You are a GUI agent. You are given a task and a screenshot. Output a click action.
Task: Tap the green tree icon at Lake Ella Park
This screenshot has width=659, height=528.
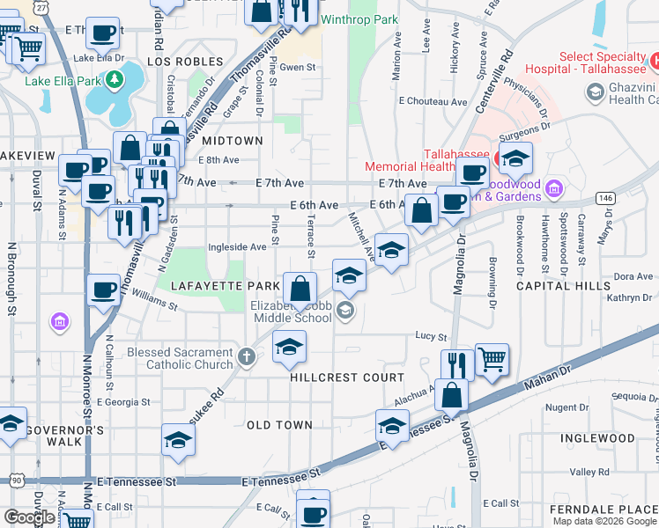[114, 82]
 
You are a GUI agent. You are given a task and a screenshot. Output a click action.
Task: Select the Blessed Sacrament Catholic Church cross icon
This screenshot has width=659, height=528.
[247, 358]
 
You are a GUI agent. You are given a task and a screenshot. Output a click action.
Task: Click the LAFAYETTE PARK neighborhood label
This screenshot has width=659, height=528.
[212, 286]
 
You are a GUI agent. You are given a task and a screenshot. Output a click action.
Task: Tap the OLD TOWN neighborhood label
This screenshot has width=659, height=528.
[279, 425]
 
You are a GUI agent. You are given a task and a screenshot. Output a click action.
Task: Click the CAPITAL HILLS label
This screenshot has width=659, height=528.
[563, 286]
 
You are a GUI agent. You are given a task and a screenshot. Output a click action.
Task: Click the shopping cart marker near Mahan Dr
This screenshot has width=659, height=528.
[492, 358]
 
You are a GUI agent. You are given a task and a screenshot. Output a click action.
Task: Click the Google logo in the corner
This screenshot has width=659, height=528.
[28, 517]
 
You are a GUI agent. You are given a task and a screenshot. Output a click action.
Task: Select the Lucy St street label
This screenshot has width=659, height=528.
[432, 336]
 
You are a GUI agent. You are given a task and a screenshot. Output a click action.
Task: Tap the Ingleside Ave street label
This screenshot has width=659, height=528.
[237, 247]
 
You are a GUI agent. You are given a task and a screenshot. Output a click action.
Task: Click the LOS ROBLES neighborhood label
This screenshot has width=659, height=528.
[175, 62]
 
